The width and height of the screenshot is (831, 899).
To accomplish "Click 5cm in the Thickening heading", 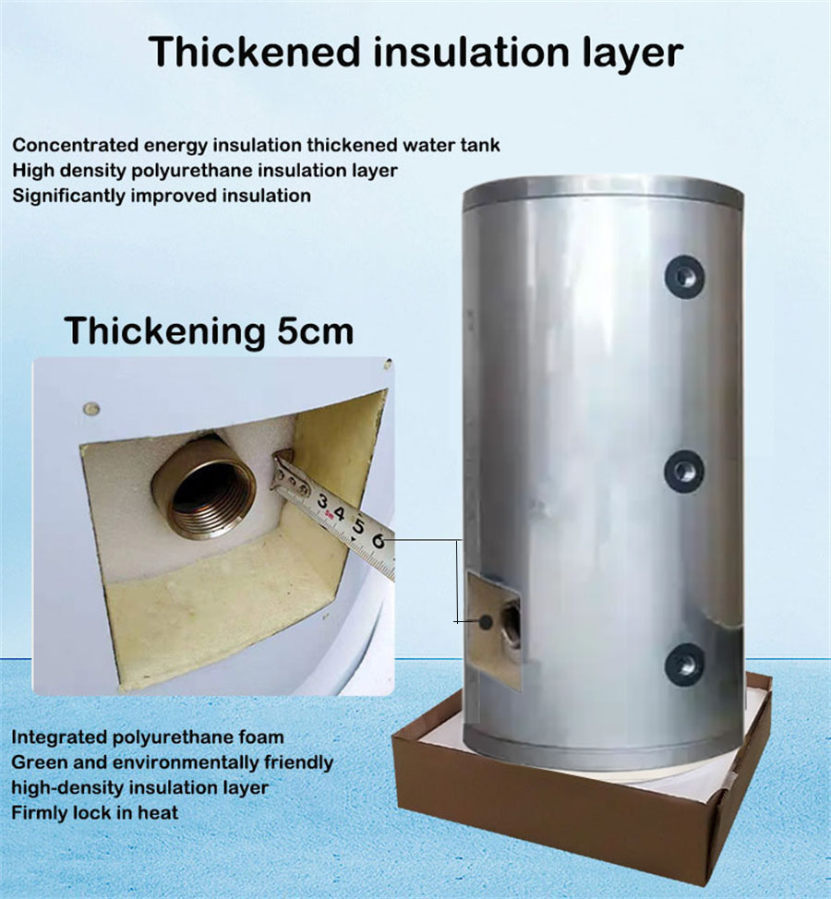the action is [316, 330].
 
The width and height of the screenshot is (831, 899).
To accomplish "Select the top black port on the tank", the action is [685, 276].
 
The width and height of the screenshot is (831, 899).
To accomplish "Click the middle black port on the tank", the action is [684, 470].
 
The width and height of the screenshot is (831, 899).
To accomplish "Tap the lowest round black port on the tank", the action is [684, 664].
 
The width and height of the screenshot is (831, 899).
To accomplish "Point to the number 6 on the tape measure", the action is [378, 541].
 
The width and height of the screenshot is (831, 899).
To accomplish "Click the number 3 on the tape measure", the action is [323, 501].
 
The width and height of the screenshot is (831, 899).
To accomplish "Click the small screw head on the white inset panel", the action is [90, 410].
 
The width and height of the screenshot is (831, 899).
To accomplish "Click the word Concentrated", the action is [76, 145].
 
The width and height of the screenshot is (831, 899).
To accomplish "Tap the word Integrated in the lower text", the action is [58, 737].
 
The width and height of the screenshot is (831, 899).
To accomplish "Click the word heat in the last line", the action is [158, 812].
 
